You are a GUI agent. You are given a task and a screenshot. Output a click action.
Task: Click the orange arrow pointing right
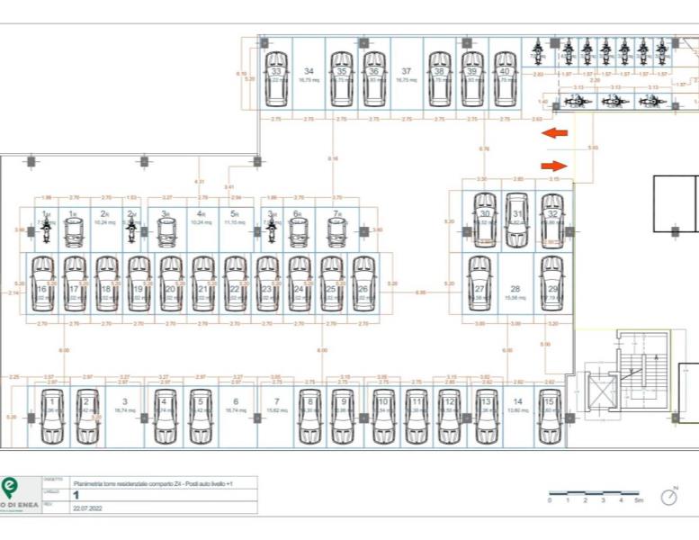(554, 166)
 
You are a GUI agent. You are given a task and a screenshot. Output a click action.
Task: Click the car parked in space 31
(516, 219)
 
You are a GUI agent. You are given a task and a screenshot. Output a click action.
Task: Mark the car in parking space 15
(549, 416)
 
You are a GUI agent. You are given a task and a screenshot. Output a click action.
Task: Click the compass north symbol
(669, 496)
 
